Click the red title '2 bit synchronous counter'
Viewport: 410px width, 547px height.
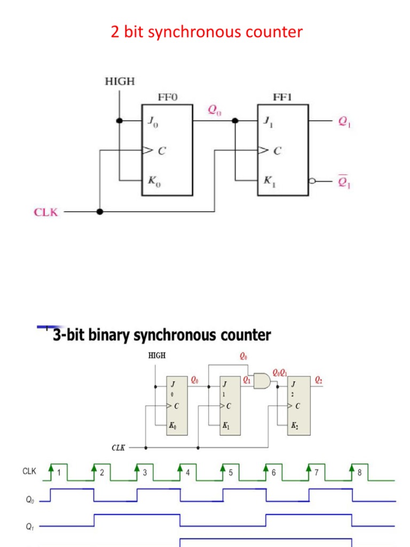pyautogui.click(x=207, y=32)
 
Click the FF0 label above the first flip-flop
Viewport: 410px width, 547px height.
pyautogui.click(x=167, y=97)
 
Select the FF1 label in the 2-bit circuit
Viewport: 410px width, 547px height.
pyautogui.click(x=282, y=97)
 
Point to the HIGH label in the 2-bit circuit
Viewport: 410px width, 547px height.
pyautogui.click(x=120, y=82)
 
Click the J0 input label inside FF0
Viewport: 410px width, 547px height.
pyautogui.click(x=153, y=122)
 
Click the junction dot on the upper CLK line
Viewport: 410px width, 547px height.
pyautogui.click(x=99, y=212)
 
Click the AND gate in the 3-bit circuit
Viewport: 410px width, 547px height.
pyautogui.click(x=262, y=381)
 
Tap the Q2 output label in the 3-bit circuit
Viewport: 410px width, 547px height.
pyautogui.click(x=319, y=380)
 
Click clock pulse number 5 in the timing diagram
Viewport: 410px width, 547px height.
pyautogui.click(x=231, y=473)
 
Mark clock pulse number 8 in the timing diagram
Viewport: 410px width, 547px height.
pyautogui.click(x=360, y=473)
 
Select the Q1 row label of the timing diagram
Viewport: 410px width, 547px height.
pyautogui.click(x=30, y=527)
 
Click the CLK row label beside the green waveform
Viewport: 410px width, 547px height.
pyautogui.click(x=29, y=471)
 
